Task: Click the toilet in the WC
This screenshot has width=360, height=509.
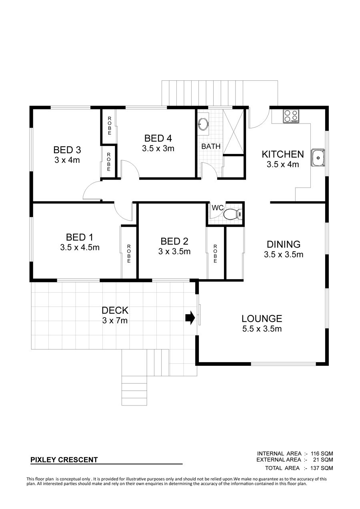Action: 233,214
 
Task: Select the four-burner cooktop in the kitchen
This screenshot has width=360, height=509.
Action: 291,116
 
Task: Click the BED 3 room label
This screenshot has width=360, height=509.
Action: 67,150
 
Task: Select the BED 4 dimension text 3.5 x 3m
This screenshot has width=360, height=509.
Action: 158,149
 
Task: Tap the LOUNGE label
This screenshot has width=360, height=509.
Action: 262,319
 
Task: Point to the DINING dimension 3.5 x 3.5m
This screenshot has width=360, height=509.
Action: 284,254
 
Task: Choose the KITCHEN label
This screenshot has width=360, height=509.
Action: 283,154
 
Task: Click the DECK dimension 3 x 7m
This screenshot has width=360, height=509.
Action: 115,321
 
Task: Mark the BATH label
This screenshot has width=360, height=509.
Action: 211,146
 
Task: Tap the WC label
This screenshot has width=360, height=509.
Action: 218,208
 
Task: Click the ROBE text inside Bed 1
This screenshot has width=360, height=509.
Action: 129,254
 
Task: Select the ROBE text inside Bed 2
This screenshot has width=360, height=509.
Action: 215,254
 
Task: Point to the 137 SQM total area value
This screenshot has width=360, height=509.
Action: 322,468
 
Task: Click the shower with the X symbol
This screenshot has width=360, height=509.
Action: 234,132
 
